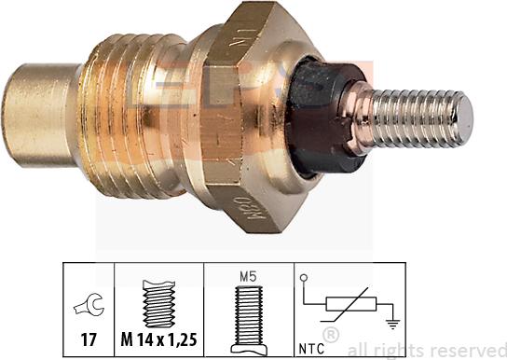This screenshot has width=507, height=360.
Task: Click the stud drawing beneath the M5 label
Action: (246, 312)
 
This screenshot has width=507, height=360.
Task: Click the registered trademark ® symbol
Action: (329, 334)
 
